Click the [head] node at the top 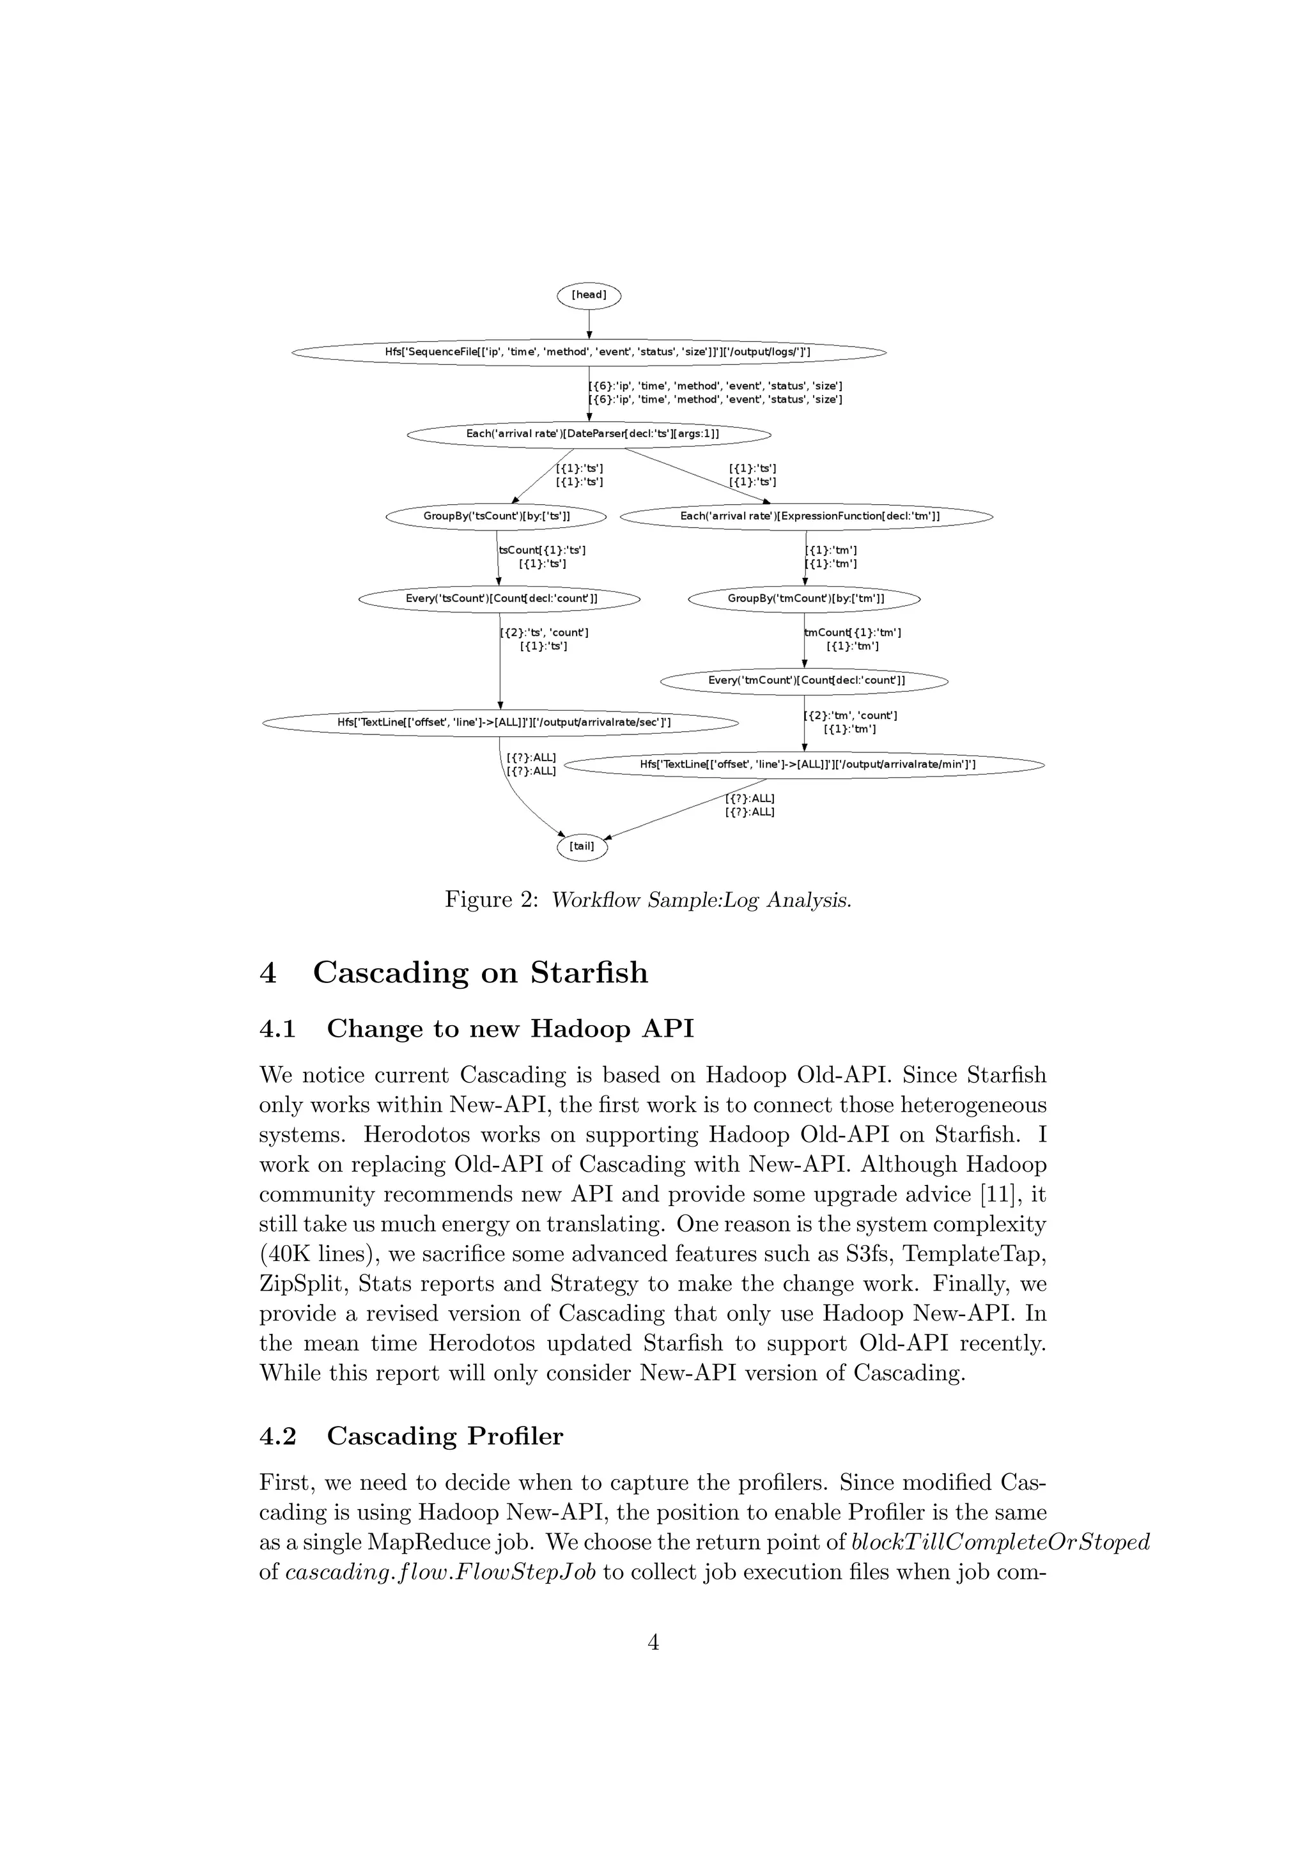(x=589, y=295)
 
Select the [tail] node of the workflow (x=582, y=846)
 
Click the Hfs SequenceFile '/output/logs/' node (x=589, y=352)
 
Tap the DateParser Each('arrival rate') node (x=589, y=435)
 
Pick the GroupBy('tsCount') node (x=497, y=516)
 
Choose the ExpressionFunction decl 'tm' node (x=806, y=516)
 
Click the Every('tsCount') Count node (x=500, y=599)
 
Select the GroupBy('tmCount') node (x=805, y=599)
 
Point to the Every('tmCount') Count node (x=805, y=681)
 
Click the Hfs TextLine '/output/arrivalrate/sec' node (x=500, y=723)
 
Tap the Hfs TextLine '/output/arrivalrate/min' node (x=806, y=765)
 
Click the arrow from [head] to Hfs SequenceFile (x=589, y=324)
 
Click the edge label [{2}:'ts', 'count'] (x=544, y=633)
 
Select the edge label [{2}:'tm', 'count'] (x=851, y=716)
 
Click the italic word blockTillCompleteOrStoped (x=1000, y=1542)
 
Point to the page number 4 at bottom (x=654, y=1642)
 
